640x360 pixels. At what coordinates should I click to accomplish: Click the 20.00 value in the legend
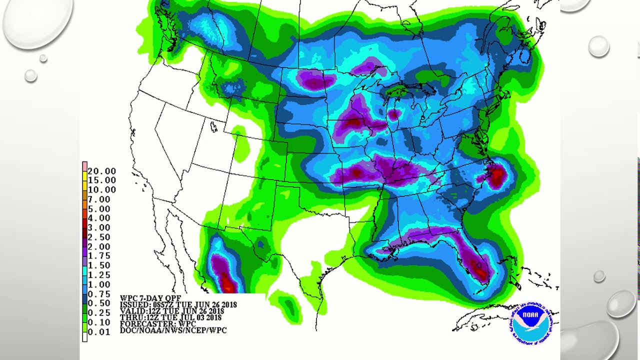(101, 171)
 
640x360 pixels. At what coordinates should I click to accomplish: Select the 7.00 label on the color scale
(99, 199)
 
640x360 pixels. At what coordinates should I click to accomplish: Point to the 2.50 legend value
(99, 237)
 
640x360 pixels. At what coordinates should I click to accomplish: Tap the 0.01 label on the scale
(99, 332)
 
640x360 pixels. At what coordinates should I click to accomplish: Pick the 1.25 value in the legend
(99, 275)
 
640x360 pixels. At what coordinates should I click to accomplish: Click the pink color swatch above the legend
(85, 166)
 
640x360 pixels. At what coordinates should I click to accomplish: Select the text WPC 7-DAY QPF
(150, 298)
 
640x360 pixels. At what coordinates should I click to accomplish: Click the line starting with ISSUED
(178, 304)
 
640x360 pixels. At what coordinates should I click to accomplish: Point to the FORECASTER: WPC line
(157, 324)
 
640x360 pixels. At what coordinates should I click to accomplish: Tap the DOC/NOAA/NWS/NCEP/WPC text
(173, 330)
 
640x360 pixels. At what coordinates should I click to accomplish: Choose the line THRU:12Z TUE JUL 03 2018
(170, 317)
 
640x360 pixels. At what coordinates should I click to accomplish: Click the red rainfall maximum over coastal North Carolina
(498, 176)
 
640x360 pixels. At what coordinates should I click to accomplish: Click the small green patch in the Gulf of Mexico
(288, 304)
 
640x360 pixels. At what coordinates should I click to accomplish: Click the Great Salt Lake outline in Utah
(214, 127)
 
